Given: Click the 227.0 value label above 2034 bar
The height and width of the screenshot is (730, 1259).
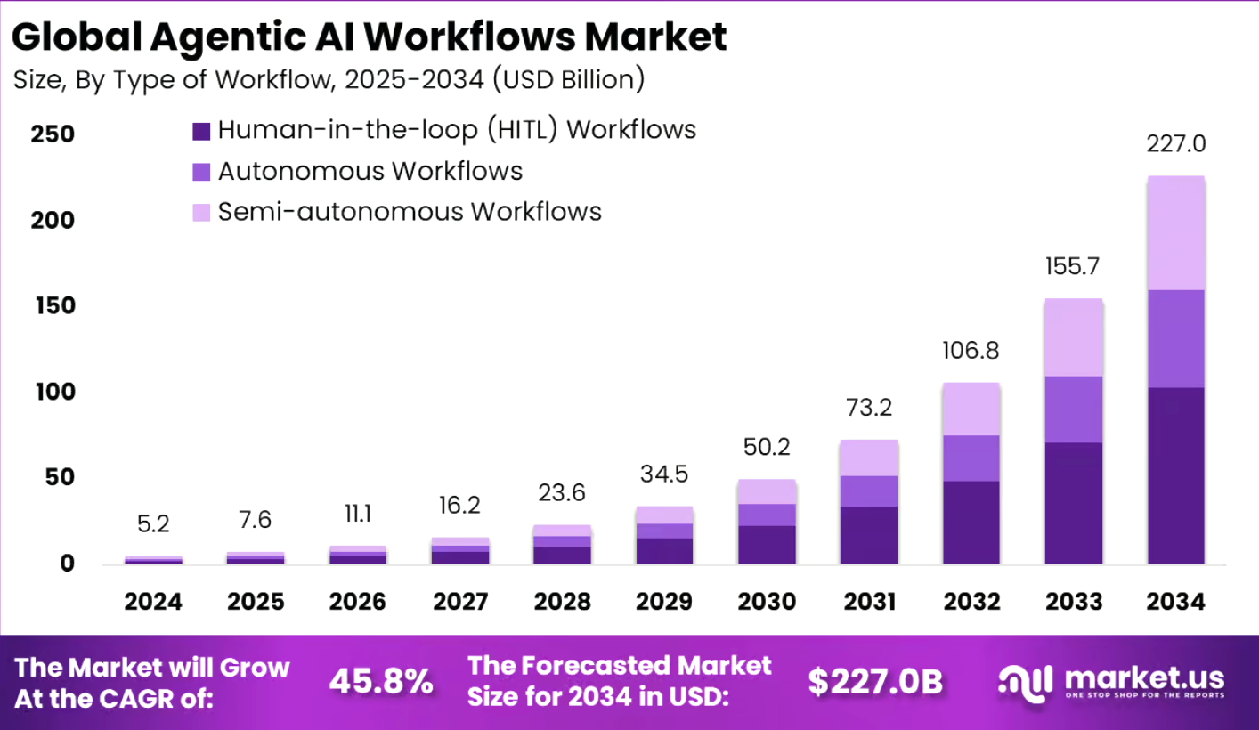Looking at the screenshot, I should click(x=1175, y=144).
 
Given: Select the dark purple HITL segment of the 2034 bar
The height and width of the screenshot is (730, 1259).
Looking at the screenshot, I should click(x=1175, y=475).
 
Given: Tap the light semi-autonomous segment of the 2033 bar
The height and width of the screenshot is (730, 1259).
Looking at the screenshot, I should click(x=1074, y=337).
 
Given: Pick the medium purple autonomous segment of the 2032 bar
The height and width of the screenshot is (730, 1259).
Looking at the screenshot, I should click(x=971, y=458).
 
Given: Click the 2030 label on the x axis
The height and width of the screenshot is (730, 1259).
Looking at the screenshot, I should click(x=768, y=602).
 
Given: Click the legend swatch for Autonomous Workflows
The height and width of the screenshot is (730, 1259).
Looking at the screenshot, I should click(x=201, y=172).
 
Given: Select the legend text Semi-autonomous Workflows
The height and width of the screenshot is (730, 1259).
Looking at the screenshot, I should click(x=410, y=212).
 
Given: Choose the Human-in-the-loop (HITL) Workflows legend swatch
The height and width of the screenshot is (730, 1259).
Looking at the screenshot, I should click(x=201, y=131).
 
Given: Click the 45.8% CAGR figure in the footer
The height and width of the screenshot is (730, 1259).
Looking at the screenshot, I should click(x=381, y=682).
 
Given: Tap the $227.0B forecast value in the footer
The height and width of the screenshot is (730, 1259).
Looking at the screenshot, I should click(x=875, y=682).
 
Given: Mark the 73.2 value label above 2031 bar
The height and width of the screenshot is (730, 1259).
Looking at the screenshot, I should click(x=869, y=408).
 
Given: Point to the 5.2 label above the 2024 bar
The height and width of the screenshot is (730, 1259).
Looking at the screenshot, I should click(x=153, y=524).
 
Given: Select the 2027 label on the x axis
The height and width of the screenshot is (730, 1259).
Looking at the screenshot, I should click(x=460, y=602).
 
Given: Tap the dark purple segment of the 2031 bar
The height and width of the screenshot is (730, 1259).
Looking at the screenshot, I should click(x=869, y=535).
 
